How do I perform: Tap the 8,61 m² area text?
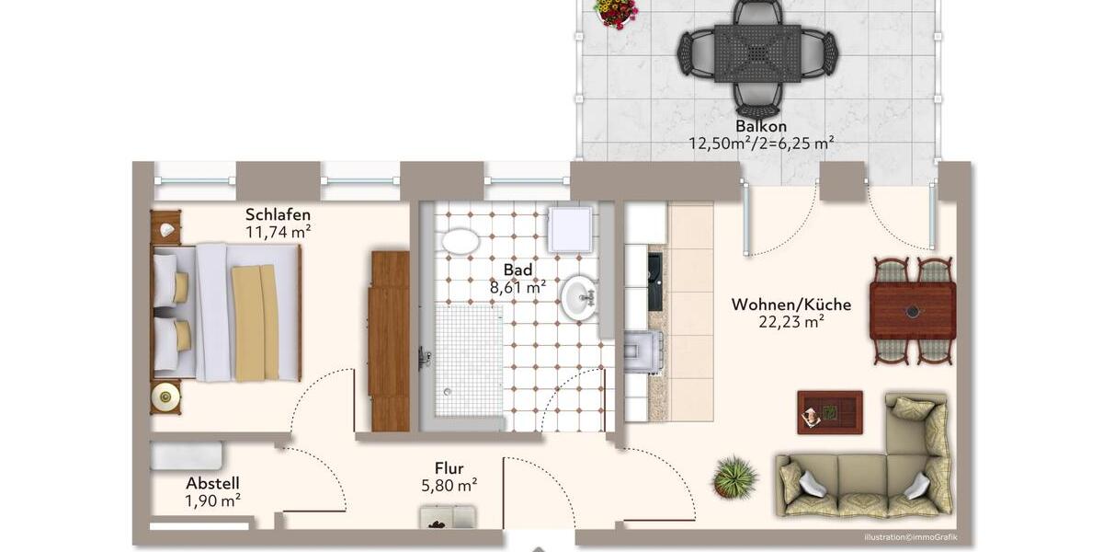click(517, 287)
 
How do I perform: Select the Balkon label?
click(761, 126)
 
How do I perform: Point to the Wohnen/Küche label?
click(790, 305)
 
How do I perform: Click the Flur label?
click(449, 468)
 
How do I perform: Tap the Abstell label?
click(212, 483)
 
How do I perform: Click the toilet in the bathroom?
click(460, 242)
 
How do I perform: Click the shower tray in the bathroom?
click(469, 361)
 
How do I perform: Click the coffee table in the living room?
click(829, 412)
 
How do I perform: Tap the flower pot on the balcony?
click(615, 12)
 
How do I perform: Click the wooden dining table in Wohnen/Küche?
click(912, 311)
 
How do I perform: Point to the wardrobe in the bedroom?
click(390, 339)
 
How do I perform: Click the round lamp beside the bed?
click(166, 397)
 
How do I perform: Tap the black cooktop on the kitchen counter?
click(654, 281)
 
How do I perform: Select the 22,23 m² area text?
click(790, 322)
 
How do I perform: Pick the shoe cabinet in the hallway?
click(448, 518)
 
